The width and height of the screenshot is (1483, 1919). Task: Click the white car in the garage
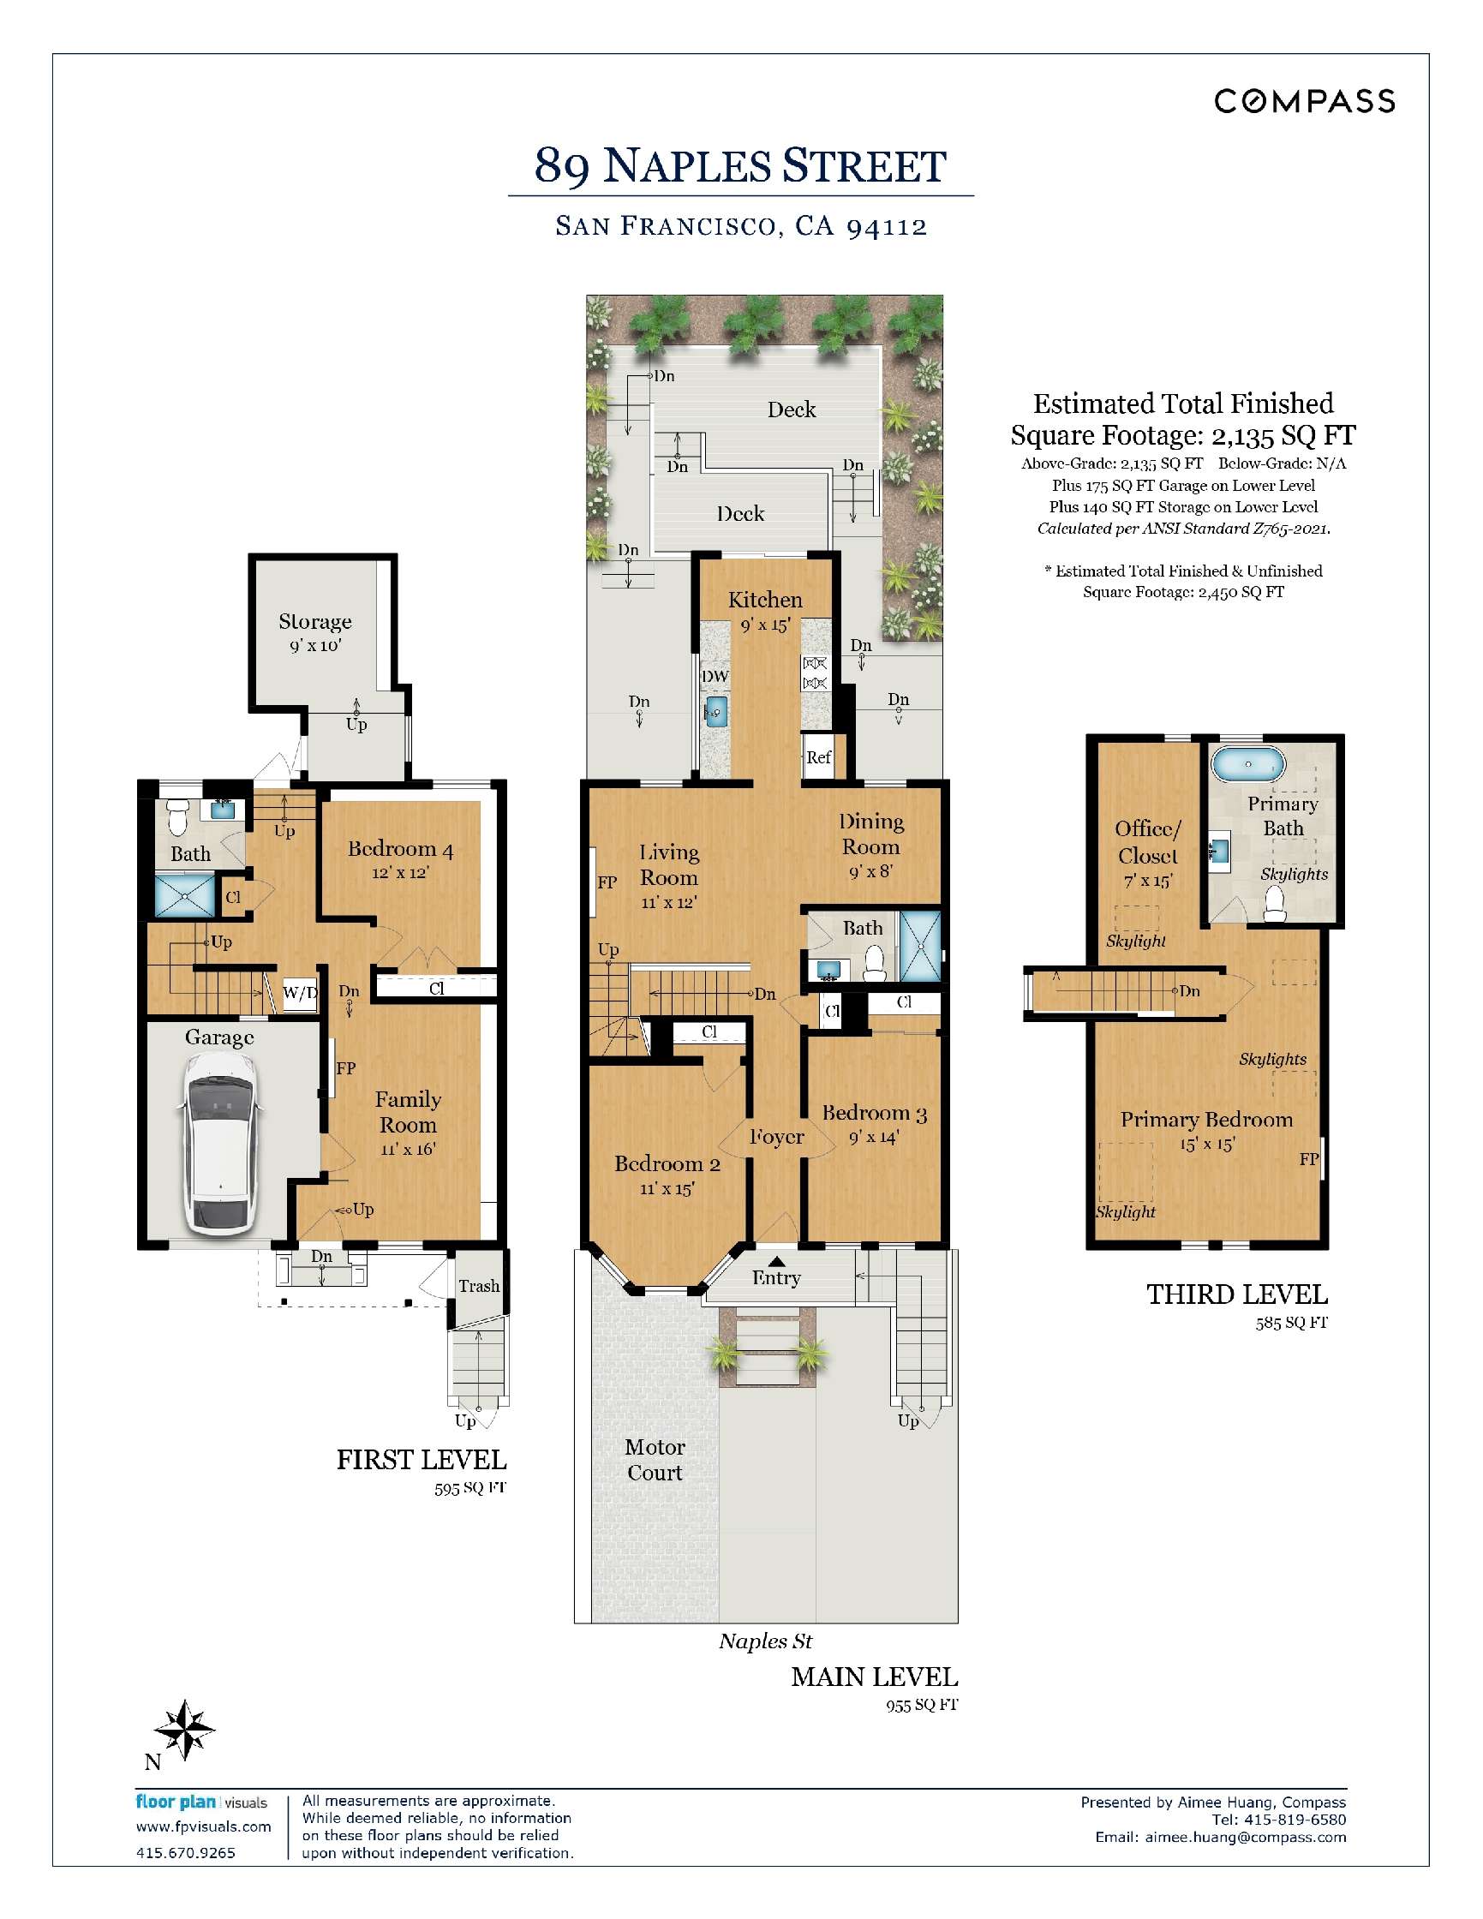tap(218, 1142)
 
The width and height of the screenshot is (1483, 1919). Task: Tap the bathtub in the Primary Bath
tap(1247, 764)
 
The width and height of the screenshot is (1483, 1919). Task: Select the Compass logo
tap(1304, 101)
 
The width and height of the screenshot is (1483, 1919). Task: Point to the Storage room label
tap(314, 622)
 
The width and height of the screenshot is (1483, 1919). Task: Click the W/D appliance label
tap(300, 994)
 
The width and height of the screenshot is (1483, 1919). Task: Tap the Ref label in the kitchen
tap(818, 757)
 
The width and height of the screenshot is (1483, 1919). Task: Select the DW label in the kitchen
tap(715, 677)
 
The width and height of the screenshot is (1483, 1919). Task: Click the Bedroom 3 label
tap(873, 1113)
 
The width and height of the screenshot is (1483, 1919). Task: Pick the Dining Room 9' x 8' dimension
tap(870, 872)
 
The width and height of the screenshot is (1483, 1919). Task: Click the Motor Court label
tap(655, 1460)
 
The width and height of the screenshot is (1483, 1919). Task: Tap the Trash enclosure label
tap(479, 1287)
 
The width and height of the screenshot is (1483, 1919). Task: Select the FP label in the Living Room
tap(607, 882)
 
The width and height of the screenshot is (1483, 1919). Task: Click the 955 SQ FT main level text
tap(921, 1705)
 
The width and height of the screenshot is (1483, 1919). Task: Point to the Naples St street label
tap(765, 1641)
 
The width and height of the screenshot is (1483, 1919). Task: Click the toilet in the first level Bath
tap(177, 816)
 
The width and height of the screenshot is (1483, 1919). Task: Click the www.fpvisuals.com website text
tap(203, 1826)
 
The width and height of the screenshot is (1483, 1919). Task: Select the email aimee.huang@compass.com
tap(1244, 1838)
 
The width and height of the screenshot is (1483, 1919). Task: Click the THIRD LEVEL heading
tap(1236, 1294)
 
